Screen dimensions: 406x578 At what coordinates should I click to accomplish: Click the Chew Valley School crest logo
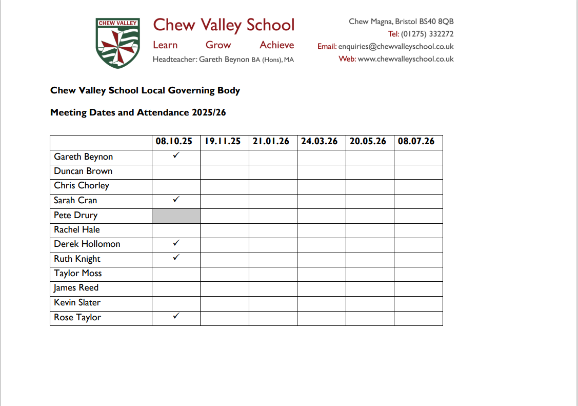pyautogui.click(x=118, y=43)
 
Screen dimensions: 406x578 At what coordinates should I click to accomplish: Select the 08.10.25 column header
pyautogui.click(x=174, y=142)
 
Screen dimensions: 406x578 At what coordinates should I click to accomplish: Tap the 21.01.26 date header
pyautogui.click(x=271, y=142)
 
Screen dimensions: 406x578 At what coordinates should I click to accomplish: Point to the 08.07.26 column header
pyautogui.click(x=416, y=142)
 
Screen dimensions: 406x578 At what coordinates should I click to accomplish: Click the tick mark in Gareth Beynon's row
pyautogui.click(x=176, y=154)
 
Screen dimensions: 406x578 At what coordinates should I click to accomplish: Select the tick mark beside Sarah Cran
pyautogui.click(x=176, y=199)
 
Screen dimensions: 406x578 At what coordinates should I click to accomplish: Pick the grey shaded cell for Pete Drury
pyautogui.click(x=176, y=216)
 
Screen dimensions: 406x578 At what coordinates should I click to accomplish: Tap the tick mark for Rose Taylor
pyautogui.click(x=176, y=316)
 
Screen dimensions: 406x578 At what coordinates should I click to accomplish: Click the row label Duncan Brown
pyautogui.click(x=83, y=171)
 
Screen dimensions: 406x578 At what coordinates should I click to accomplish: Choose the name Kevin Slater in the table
pyautogui.click(x=77, y=303)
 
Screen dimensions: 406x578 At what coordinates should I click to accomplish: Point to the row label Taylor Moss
pyautogui.click(x=78, y=274)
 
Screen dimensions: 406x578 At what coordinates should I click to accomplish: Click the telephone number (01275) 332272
pyautogui.click(x=427, y=34)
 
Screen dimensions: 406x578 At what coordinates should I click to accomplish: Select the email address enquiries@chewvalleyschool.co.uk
pyautogui.click(x=396, y=47)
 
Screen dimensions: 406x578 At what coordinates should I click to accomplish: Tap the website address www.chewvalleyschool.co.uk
pyautogui.click(x=406, y=59)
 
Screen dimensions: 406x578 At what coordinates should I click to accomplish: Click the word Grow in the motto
pyautogui.click(x=218, y=45)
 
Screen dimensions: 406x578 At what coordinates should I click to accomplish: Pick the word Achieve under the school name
pyautogui.click(x=277, y=45)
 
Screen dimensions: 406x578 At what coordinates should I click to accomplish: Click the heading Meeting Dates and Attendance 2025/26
pyautogui.click(x=138, y=113)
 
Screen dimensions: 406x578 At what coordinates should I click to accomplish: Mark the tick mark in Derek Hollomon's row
pyautogui.click(x=176, y=242)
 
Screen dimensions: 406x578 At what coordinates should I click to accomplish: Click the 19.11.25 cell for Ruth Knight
pyautogui.click(x=224, y=259)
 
